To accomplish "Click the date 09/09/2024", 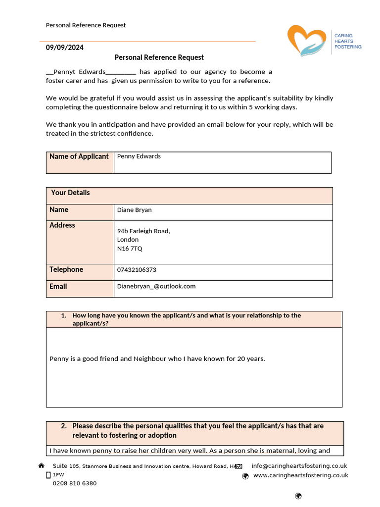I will click(x=65, y=48).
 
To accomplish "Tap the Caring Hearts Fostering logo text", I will click(x=348, y=42).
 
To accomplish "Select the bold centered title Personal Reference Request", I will click(x=159, y=57).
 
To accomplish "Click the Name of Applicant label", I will click(x=79, y=156).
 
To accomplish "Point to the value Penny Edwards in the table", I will click(x=139, y=156).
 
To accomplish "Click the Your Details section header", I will click(x=70, y=193).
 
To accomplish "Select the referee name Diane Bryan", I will click(x=134, y=210).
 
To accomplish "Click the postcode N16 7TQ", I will click(x=130, y=249).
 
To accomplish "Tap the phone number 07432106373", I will click(x=137, y=270).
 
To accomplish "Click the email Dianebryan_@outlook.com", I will click(x=156, y=286).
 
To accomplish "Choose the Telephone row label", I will click(x=66, y=270).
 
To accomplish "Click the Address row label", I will click(x=62, y=225).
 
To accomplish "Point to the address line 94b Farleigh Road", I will click(x=143, y=231).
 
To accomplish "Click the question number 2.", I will click(x=64, y=426).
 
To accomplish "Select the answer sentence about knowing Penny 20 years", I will click(x=157, y=358).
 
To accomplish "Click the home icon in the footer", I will click(x=42, y=466).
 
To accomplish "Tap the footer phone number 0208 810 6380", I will click(x=75, y=483).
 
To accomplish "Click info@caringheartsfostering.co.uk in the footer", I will click(x=299, y=466).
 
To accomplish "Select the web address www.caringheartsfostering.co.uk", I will click(x=300, y=475).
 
